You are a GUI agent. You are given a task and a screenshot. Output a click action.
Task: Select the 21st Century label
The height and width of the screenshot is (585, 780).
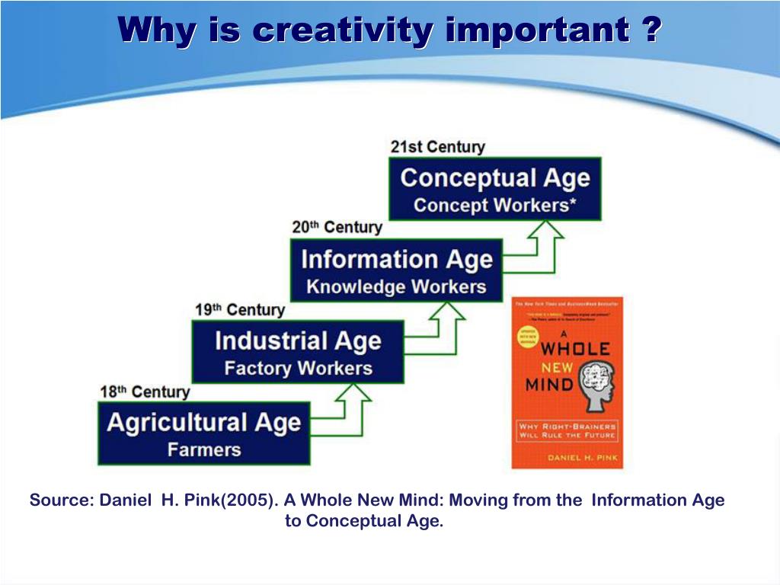(x=437, y=146)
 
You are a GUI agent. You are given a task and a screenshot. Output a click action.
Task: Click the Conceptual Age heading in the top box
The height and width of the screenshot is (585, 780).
(x=495, y=178)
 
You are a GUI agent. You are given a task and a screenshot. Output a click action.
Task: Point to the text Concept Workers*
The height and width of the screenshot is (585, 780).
(x=495, y=205)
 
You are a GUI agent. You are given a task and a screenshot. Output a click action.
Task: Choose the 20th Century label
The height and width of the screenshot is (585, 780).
(x=337, y=227)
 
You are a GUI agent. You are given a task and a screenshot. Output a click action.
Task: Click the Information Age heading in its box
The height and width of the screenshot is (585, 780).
(x=397, y=260)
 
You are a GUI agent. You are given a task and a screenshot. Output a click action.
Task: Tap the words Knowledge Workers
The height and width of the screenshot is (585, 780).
(x=396, y=287)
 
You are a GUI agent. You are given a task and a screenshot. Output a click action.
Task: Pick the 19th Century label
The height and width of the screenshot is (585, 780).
(x=240, y=310)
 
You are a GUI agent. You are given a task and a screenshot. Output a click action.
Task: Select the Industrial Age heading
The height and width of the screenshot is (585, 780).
(x=298, y=340)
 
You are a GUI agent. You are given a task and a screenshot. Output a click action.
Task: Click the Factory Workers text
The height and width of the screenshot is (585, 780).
(x=298, y=369)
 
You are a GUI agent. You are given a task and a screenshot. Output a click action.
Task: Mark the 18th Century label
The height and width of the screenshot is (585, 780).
(x=145, y=392)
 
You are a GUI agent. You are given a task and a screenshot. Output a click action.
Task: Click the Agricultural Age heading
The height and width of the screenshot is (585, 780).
(x=204, y=423)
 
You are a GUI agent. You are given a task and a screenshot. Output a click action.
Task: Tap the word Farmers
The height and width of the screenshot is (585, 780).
(x=204, y=449)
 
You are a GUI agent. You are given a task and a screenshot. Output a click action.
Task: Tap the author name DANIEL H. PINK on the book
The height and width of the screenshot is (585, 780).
(x=567, y=457)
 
